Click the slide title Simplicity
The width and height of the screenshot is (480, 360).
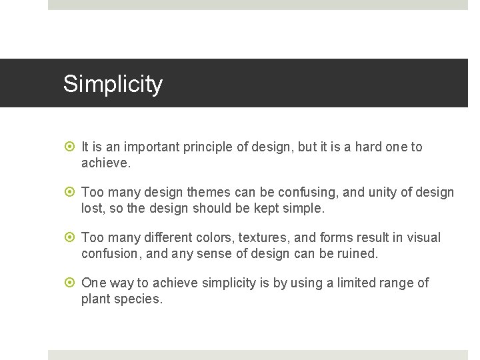point(113,84)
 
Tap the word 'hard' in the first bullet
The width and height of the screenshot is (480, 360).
point(368,147)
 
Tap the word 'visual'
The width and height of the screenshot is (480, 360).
point(423,238)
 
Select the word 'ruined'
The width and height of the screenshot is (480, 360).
point(358,253)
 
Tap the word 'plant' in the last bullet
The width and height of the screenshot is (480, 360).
point(96,299)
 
